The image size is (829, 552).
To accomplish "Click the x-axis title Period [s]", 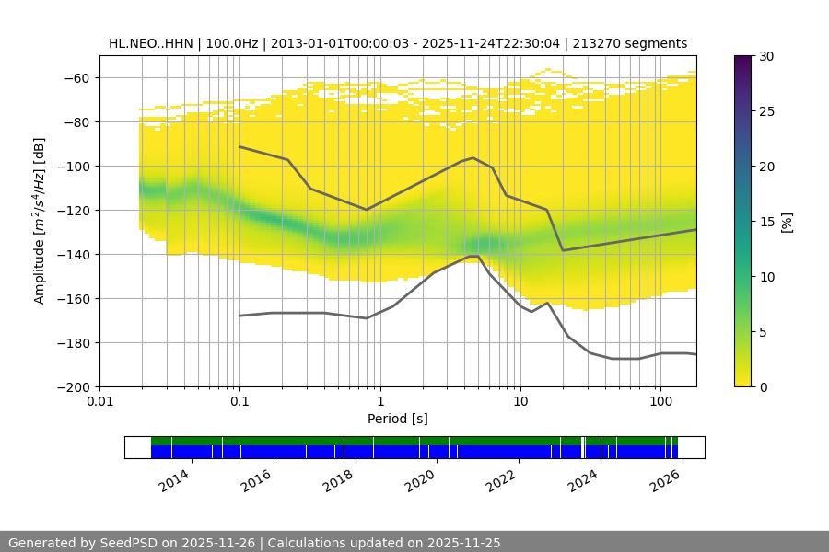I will pos(397,419).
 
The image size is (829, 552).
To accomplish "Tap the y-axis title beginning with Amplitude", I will pos(39,221).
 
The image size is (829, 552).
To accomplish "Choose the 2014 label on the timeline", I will pos(174,479).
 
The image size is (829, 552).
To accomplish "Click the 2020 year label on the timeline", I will pos(420,479).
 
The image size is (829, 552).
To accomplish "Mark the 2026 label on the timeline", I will pos(665,479).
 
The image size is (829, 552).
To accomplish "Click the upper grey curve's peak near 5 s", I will pos(473,157).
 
